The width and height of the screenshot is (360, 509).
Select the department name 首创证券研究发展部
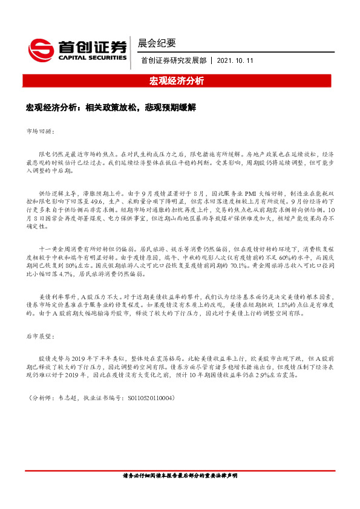point(172,61)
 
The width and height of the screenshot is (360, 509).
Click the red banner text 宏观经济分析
point(180,80)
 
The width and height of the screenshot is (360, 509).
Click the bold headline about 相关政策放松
point(111,107)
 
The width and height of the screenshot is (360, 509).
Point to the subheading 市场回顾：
point(41,131)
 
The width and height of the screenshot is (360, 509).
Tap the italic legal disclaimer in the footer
point(180,476)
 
